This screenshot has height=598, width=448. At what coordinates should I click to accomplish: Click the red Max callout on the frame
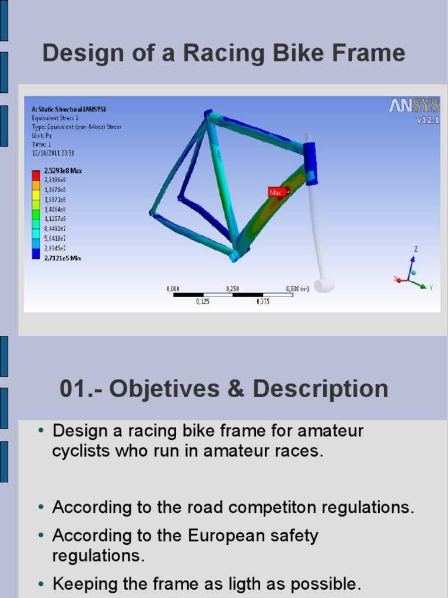[275, 192]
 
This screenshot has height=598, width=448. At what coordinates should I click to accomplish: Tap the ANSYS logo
[414, 106]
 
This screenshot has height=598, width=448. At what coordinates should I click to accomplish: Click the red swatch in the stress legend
[36, 175]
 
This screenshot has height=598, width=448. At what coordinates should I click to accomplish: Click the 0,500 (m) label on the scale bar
[297, 288]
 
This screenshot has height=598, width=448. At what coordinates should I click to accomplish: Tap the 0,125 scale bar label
[202, 302]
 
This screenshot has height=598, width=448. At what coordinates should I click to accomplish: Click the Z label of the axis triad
[416, 249]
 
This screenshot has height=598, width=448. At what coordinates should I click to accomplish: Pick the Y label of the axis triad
[430, 287]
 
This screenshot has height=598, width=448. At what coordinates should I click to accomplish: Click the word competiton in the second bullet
[268, 507]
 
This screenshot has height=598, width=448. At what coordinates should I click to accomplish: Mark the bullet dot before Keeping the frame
[41, 583]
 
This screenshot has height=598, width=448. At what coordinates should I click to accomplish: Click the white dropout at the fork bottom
[324, 285]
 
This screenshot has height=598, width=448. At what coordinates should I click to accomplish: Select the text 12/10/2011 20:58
[52, 153]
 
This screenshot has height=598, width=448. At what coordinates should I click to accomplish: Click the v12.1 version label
[428, 120]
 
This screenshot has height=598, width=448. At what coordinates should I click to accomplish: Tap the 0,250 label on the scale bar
[233, 288]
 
